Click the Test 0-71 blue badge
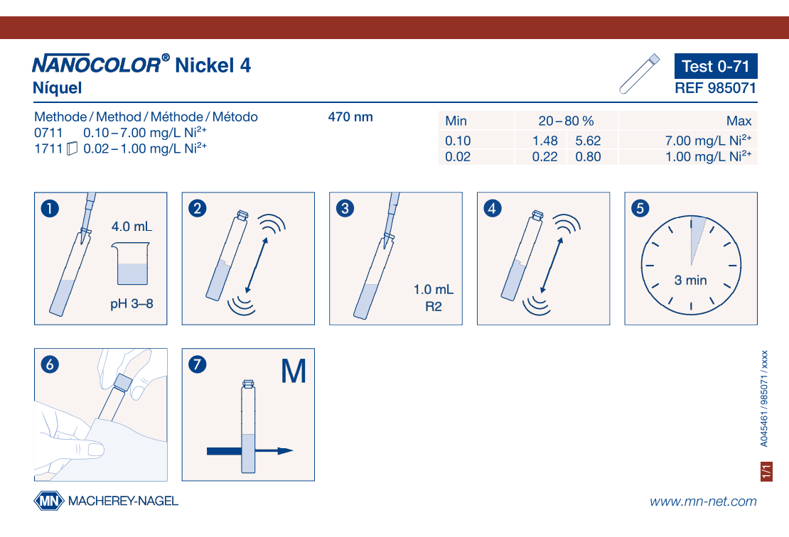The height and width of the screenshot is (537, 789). point(716,66)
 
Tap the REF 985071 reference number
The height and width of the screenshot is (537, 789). point(716,88)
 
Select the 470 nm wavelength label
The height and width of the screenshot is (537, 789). point(350,117)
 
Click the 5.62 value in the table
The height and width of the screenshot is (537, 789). point(588,141)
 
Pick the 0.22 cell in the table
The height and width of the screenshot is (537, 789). point(545,157)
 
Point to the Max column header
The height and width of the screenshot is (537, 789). point(739,121)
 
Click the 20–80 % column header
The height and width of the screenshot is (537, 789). point(566,121)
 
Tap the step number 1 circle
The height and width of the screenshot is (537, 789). point(50,208)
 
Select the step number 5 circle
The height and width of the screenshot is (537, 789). point(640,208)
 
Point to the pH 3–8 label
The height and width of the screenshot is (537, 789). point(131,304)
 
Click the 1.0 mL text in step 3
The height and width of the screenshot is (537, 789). point(434,290)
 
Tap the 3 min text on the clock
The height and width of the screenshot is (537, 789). point(690,280)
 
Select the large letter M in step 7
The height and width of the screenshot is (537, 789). point(294,371)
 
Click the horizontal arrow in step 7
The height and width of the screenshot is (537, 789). point(250,451)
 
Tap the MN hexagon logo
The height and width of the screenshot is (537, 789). point(49,501)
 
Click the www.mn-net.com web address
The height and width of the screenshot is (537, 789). point(703,501)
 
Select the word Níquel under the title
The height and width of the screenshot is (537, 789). point(58,88)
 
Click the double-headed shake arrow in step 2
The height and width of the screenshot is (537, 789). point(257,265)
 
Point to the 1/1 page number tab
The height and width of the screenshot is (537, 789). point(766,472)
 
